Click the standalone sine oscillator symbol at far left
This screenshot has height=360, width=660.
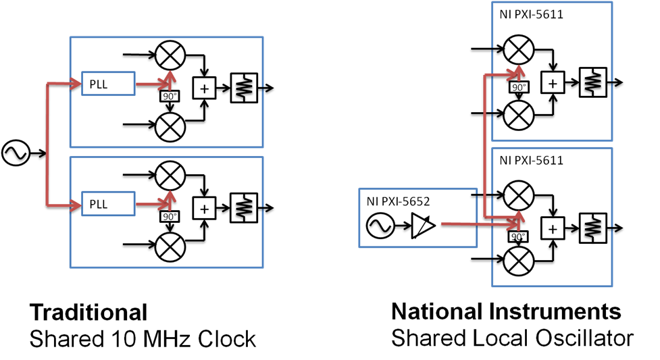coord(15,153)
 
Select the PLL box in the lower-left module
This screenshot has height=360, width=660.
coord(108,203)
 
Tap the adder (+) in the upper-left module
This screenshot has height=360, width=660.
coord(204,88)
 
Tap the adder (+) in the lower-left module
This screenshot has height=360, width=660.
coord(204,209)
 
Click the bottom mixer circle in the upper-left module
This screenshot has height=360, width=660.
coord(170,126)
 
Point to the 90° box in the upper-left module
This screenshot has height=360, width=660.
coord(170,97)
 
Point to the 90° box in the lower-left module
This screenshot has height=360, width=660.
coord(170,217)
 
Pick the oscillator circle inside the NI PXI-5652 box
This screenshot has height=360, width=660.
coord(380,226)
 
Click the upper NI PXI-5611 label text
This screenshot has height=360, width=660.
coord(531,14)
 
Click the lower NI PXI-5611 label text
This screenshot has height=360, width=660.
coord(531,160)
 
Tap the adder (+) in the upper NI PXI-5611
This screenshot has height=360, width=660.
coord(553,82)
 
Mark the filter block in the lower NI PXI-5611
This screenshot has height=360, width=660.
coord(593,228)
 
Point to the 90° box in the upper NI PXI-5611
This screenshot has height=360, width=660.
coord(519,88)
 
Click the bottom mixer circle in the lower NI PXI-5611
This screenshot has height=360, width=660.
coord(519,261)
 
